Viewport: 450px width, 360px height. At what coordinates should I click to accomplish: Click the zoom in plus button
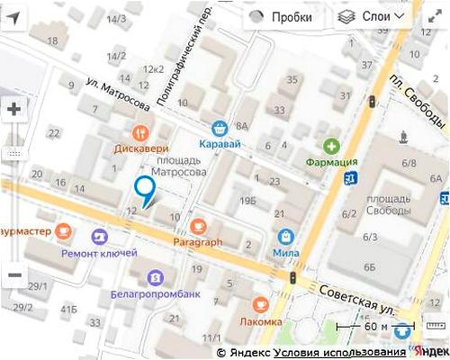pyautogui.click(x=14, y=110)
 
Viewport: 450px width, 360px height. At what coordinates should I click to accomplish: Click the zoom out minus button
pyautogui.click(x=14, y=275)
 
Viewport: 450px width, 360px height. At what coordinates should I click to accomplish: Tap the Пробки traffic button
pyautogui.click(x=281, y=17)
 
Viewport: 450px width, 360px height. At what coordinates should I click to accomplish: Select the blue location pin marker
pyautogui.click(x=144, y=189)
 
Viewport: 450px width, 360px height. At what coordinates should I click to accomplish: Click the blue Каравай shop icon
pyautogui.click(x=219, y=127)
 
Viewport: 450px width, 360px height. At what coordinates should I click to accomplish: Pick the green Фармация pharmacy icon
pyautogui.click(x=332, y=146)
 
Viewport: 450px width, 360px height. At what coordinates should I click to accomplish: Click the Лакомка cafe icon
pyautogui.click(x=261, y=304)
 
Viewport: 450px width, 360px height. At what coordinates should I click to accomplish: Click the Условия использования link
pyautogui.click(x=339, y=353)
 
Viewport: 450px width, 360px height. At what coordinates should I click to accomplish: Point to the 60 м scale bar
pyautogui.click(x=374, y=326)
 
